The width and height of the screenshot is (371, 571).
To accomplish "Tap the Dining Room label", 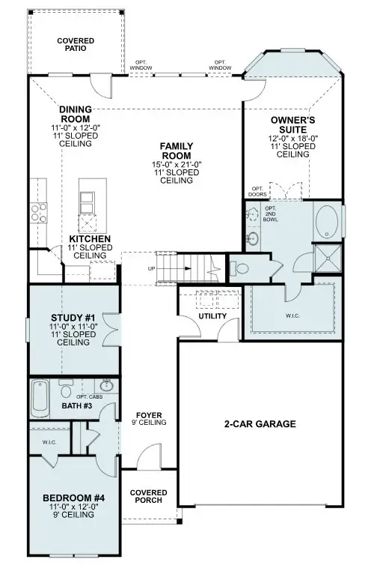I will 75,113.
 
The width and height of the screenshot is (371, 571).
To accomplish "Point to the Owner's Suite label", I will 292,123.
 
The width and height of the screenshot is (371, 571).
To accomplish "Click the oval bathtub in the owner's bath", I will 327,223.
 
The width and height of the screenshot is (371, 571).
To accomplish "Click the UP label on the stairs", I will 152,268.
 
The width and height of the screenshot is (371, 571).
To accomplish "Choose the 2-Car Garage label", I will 260,424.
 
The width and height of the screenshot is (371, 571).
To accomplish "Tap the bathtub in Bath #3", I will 40,399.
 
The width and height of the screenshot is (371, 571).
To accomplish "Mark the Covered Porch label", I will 148,497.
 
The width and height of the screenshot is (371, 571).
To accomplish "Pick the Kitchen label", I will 90,239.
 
